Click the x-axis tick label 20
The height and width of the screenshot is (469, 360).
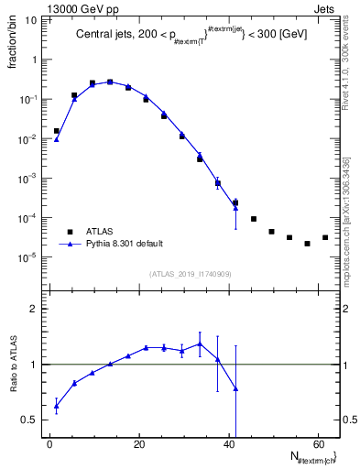[x=138, y=444]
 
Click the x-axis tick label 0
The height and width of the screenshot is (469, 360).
[x=49, y=444]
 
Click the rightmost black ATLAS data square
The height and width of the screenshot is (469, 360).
[x=325, y=238]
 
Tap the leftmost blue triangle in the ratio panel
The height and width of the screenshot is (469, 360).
[x=56, y=405]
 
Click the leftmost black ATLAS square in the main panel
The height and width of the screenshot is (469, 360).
[x=56, y=131]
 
